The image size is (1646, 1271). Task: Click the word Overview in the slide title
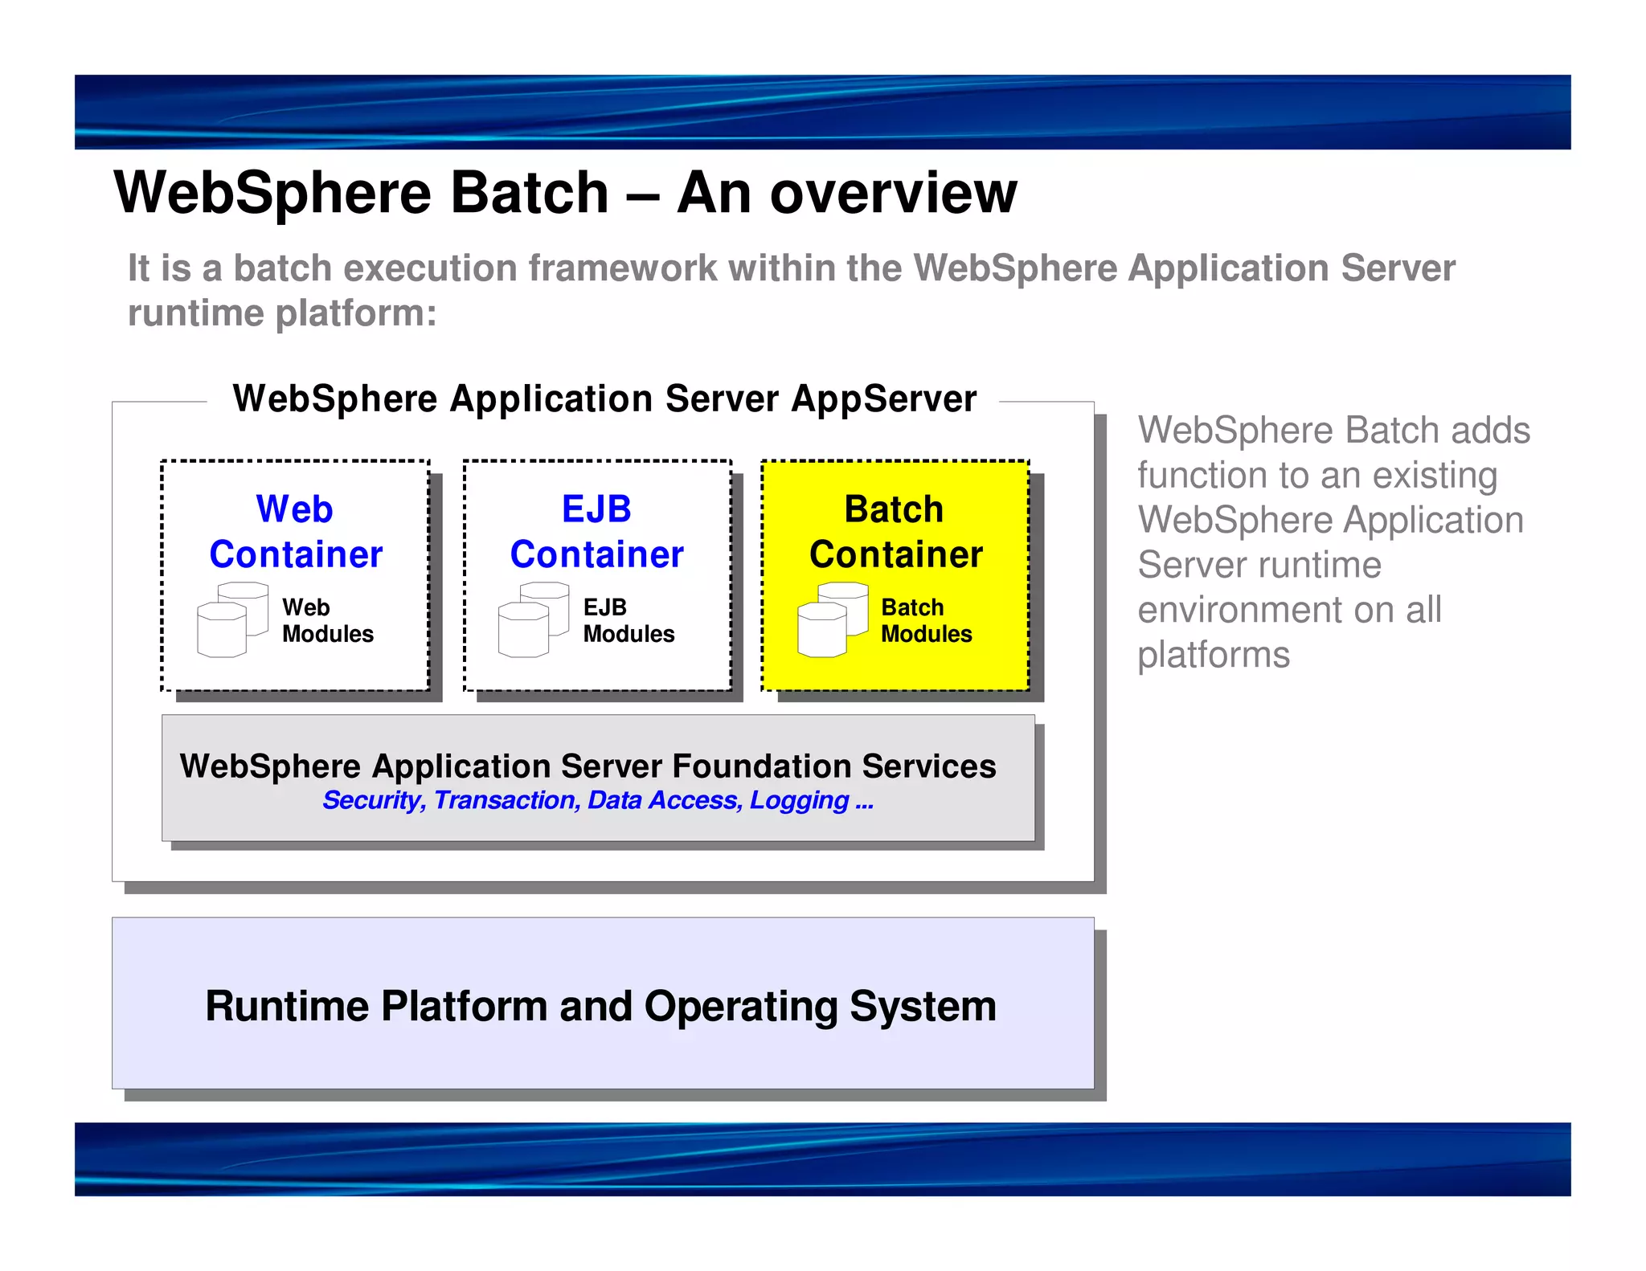tap(894, 194)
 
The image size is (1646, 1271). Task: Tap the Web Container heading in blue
tap(296, 532)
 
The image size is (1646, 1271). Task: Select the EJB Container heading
tap(596, 532)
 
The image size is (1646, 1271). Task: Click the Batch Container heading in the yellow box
tap(895, 532)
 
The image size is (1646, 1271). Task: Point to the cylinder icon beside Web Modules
tap(231, 619)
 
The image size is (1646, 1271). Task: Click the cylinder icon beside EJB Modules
tap(533, 619)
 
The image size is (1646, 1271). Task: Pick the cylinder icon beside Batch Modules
tap(832, 619)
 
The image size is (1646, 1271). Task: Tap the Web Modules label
tap(327, 620)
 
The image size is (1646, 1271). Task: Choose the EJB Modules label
tap(628, 620)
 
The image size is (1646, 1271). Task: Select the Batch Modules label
tap(926, 620)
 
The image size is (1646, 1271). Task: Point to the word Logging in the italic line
tap(799, 800)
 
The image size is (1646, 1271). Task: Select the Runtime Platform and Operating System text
tap(600, 1006)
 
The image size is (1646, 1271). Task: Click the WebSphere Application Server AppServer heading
tap(604, 398)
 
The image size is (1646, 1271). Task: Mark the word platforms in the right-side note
tap(1214, 655)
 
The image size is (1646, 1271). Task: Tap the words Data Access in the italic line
tap(664, 800)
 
